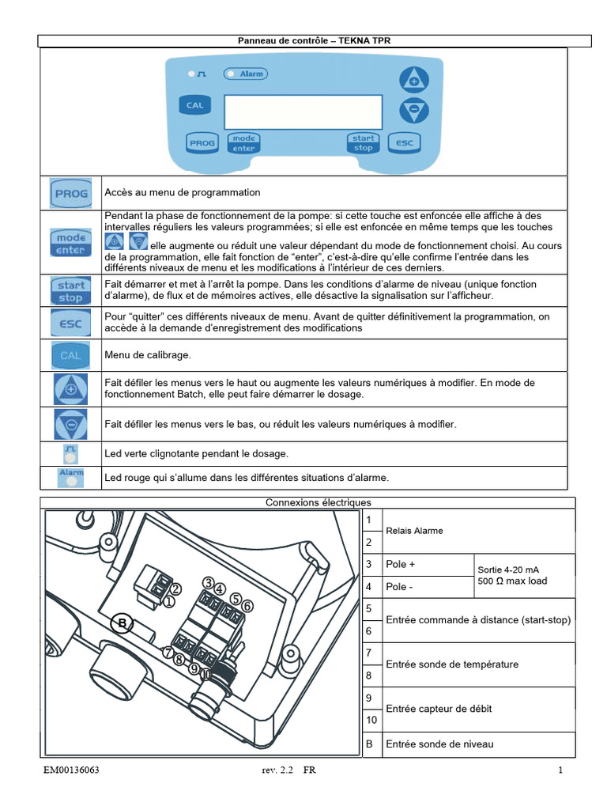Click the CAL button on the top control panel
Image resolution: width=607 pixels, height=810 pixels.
click(194, 104)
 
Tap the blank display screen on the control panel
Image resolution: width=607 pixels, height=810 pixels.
click(303, 112)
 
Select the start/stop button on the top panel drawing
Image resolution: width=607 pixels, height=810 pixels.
click(363, 142)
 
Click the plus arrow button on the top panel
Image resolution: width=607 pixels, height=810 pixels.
click(413, 80)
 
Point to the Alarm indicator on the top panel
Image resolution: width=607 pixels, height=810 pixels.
click(247, 74)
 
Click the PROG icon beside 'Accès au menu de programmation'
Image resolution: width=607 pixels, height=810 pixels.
click(70, 192)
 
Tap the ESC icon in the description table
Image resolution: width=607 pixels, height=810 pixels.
click(70, 323)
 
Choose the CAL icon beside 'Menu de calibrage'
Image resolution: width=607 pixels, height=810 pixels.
click(70, 355)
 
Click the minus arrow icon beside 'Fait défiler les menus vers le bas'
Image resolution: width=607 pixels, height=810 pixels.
click(70, 424)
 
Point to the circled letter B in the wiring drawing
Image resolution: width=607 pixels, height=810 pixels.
click(122, 624)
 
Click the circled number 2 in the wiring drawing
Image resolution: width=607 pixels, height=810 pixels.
click(175, 589)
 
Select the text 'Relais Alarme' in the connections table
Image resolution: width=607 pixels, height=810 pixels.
click(414, 531)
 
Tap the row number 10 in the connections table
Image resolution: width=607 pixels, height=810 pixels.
click(371, 721)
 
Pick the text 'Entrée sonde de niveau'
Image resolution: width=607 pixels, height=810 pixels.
click(439, 744)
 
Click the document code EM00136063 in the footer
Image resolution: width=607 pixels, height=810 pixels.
click(72, 770)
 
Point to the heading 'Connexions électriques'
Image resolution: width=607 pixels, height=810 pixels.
click(318, 502)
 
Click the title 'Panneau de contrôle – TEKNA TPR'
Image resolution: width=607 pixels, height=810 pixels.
click(315, 40)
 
